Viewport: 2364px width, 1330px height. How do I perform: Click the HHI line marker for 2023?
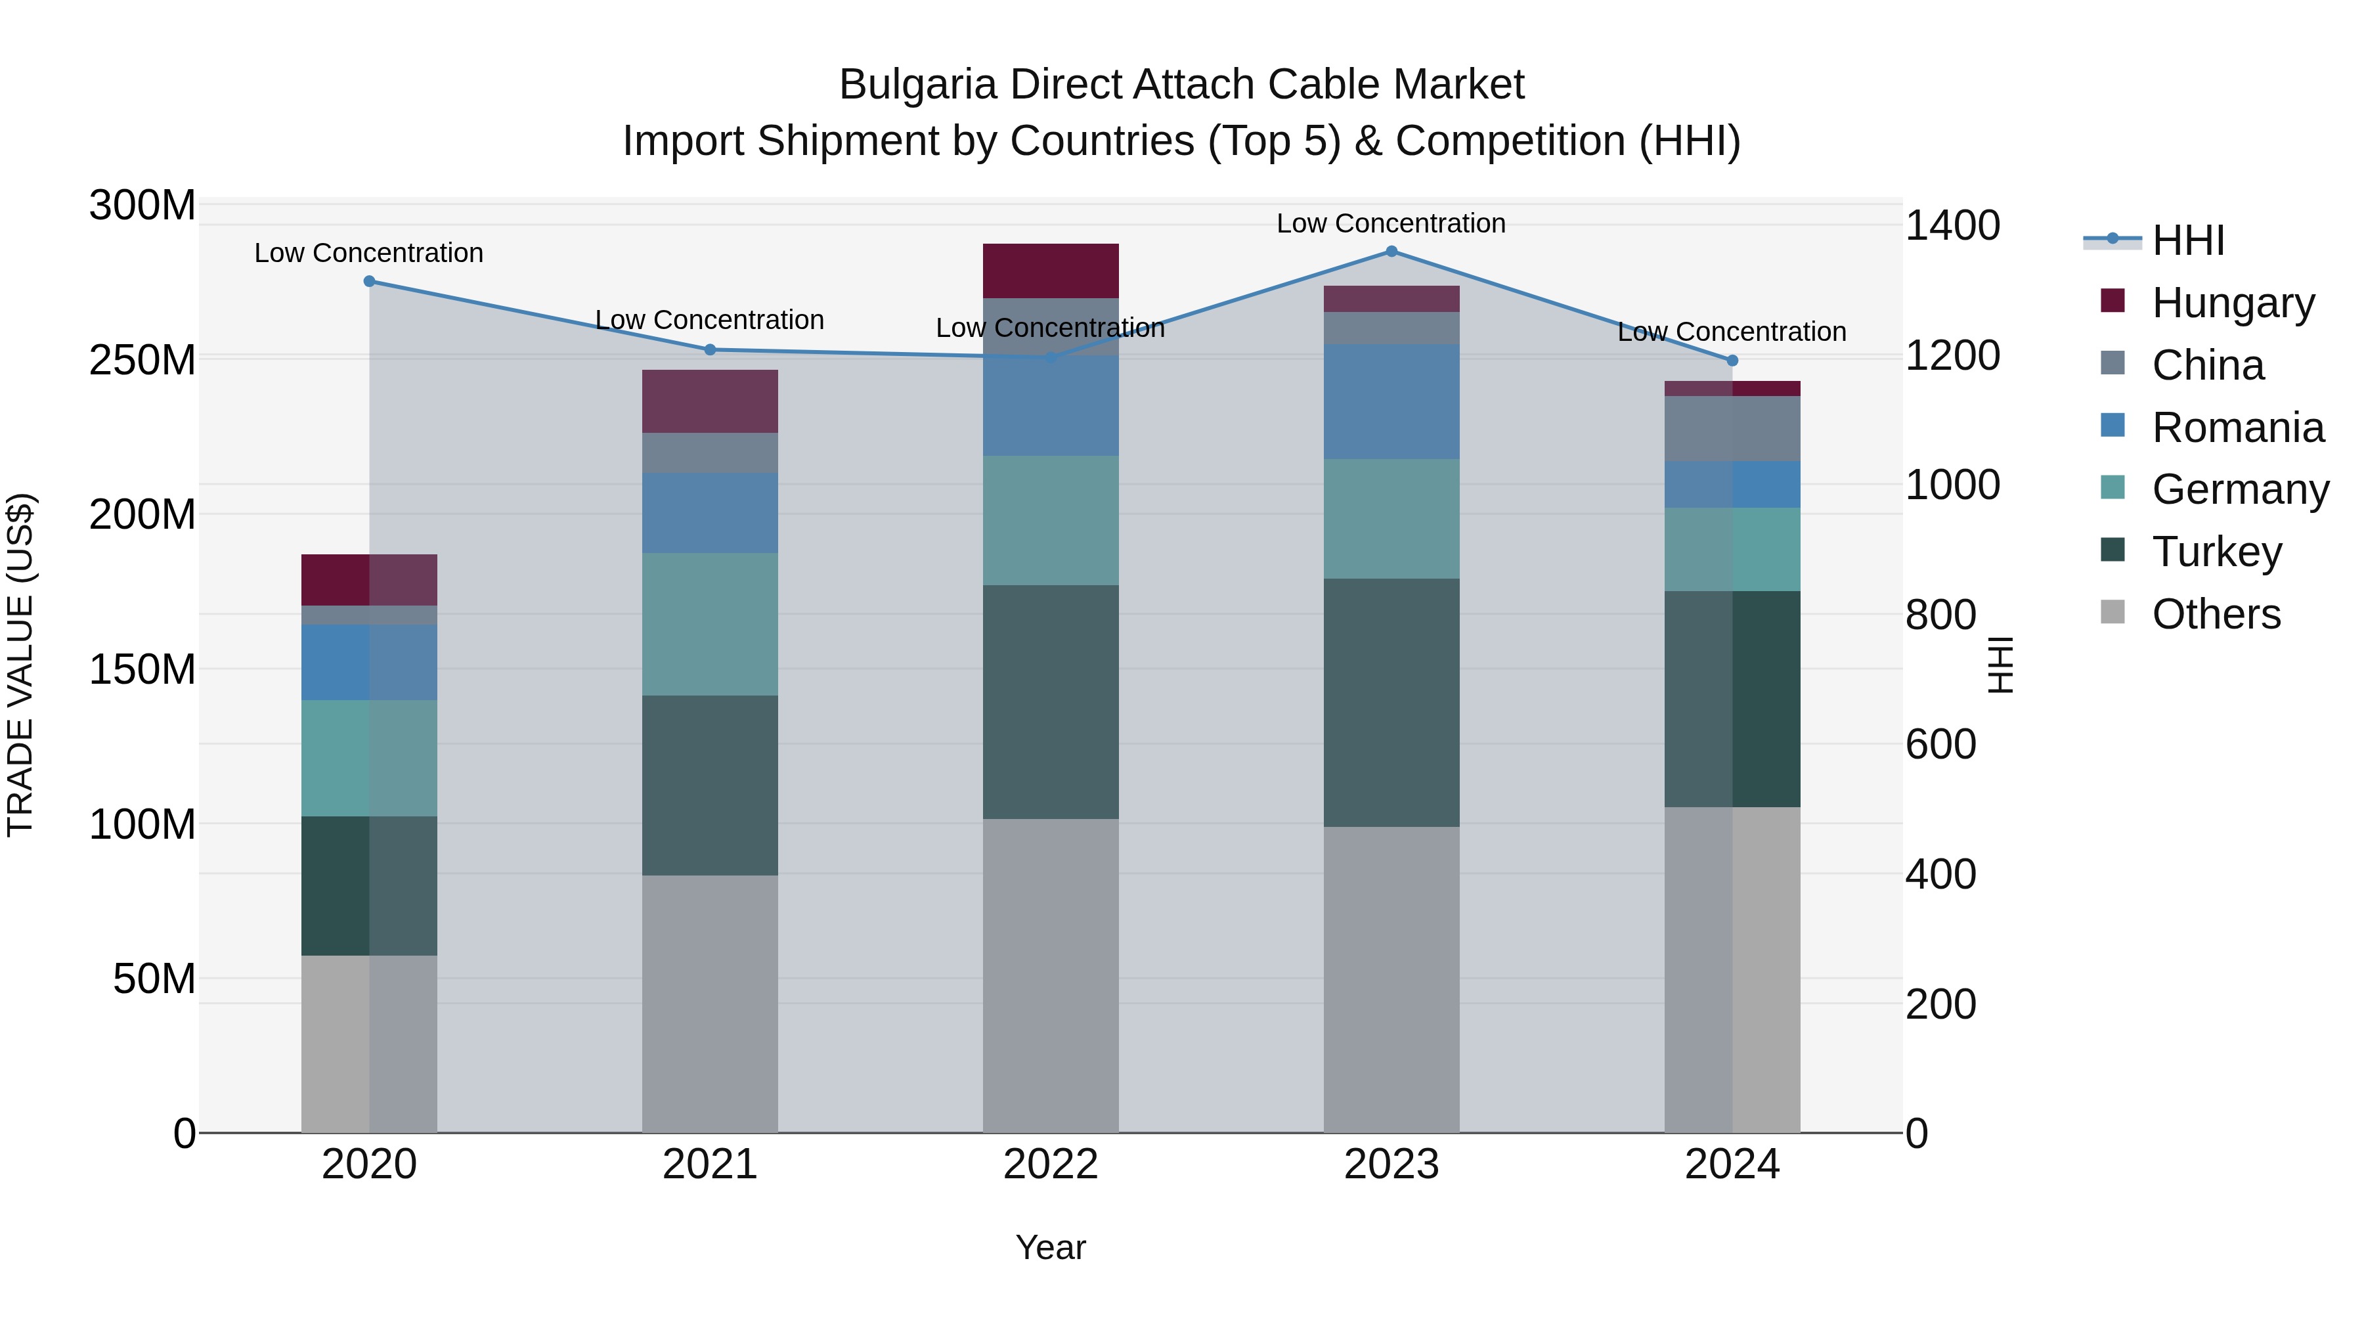click(x=1391, y=252)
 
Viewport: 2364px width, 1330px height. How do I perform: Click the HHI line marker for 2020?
click(x=369, y=282)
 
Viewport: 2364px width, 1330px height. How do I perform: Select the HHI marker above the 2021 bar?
click(x=709, y=349)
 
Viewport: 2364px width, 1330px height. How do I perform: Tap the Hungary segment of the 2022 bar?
click(x=1051, y=271)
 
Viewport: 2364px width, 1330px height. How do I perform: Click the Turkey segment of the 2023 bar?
click(x=1391, y=702)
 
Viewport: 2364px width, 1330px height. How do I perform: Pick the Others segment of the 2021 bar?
click(x=709, y=1003)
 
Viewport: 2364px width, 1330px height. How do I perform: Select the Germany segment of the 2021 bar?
click(x=709, y=624)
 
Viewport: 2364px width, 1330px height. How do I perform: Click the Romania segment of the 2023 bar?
click(x=1391, y=402)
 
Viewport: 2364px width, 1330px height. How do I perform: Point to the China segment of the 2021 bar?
click(x=709, y=453)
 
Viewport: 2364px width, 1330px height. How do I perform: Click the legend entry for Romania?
click(x=2237, y=428)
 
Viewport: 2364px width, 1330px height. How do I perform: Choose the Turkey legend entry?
click(x=2216, y=552)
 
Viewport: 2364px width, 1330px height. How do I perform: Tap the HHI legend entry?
click(x=2188, y=240)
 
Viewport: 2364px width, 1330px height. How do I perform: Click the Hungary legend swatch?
click(x=2112, y=301)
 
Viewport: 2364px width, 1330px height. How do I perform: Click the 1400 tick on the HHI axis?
click(x=1952, y=226)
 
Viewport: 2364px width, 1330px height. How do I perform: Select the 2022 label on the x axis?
click(x=1051, y=1164)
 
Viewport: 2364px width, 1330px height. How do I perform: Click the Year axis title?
click(x=1051, y=1247)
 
